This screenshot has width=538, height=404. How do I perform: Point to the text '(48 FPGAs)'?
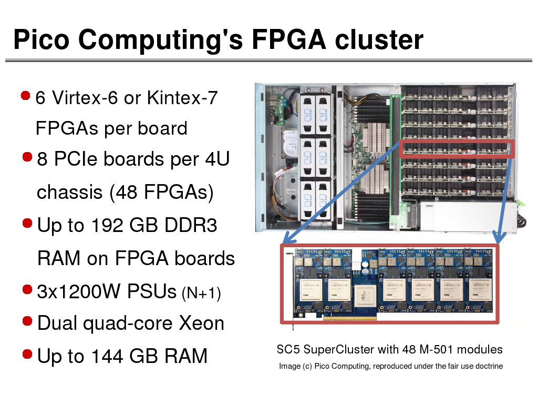tap(162, 193)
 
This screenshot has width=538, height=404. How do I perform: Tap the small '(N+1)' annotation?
tap(201, 293)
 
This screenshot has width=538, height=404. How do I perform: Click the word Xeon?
tap(202, 323)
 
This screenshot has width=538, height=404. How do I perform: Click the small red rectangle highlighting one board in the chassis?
tap(456, 149)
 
